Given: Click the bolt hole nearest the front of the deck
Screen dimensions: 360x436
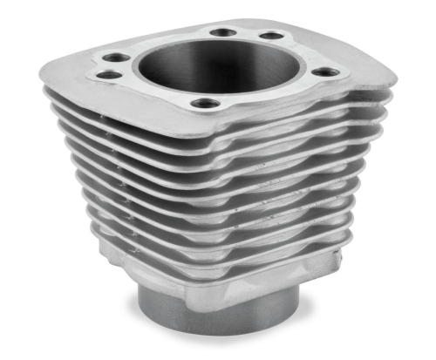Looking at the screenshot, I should (206, 103).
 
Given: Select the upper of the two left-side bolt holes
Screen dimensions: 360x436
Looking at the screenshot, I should (113, 60).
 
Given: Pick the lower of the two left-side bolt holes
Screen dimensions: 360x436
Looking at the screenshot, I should (107, 75).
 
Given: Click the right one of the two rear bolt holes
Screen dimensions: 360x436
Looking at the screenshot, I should (271, 36).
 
